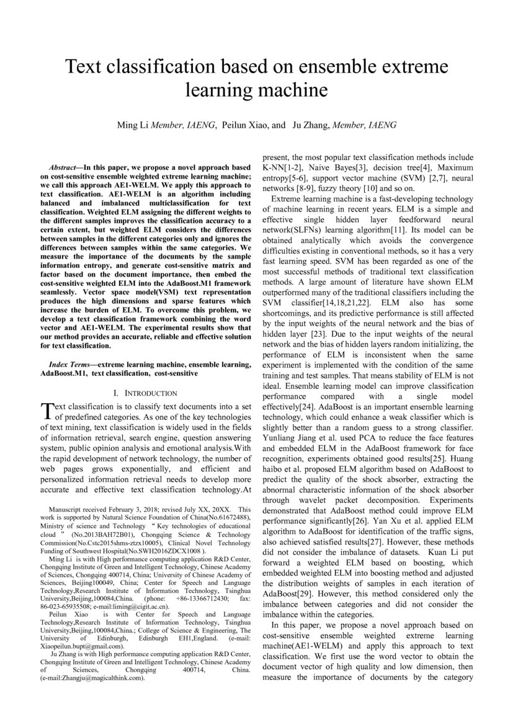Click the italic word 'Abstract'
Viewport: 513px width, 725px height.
[62, 167]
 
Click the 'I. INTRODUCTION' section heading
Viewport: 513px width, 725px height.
[146, 393]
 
